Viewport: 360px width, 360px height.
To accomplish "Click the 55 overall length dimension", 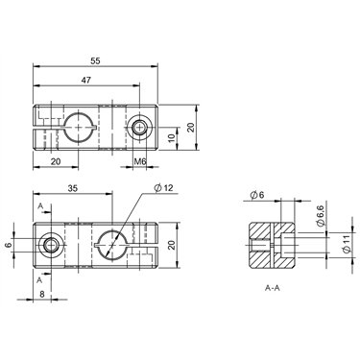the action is pyautogui.click(x=95, y=61).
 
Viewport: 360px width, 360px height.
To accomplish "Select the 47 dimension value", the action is pyautogui.click(x=85, y=80).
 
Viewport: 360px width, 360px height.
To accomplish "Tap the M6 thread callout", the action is pyautogui.click(x=139, y=162).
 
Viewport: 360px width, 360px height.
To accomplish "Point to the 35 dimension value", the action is pyautogui.click(x=73, y=188).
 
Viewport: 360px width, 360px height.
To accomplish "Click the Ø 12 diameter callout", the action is pyautogui.click(x=163, y=188).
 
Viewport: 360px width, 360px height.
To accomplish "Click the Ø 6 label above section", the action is pyautogui.click(x=257, y=195).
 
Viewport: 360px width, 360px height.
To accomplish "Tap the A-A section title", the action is pyautogui.click(x=273, y=288).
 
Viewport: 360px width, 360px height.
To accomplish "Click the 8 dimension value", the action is pyautogui.click(x=42, y=295).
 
